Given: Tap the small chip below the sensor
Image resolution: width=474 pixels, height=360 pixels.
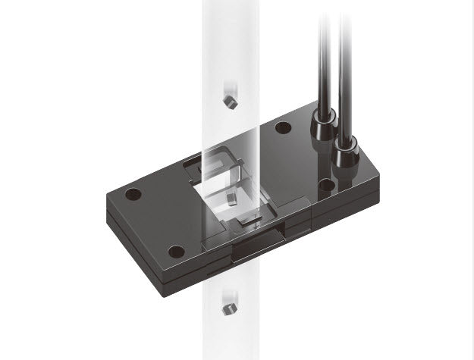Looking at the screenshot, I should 225,307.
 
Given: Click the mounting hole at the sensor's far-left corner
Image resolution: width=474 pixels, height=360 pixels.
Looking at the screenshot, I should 133,193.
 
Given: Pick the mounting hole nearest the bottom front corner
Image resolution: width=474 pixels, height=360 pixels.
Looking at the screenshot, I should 176,250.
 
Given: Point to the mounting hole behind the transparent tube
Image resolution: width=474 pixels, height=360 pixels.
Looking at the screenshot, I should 283,127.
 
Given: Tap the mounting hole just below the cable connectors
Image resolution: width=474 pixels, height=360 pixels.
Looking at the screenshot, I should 327,183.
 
